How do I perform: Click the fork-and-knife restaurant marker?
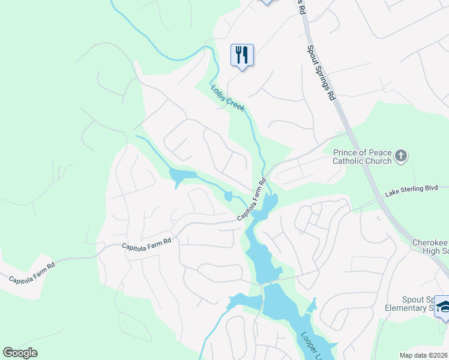[x=242, y=55]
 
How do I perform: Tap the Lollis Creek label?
[x=228, y=97]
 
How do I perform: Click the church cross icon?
[x=401, y=157]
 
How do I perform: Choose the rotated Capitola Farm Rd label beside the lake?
[x=252, y=200]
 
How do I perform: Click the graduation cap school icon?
[x=443, y=306]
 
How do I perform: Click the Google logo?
[x=20, y=353]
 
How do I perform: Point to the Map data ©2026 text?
[x=423, y=355]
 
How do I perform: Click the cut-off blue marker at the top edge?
[x=267, y=2]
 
